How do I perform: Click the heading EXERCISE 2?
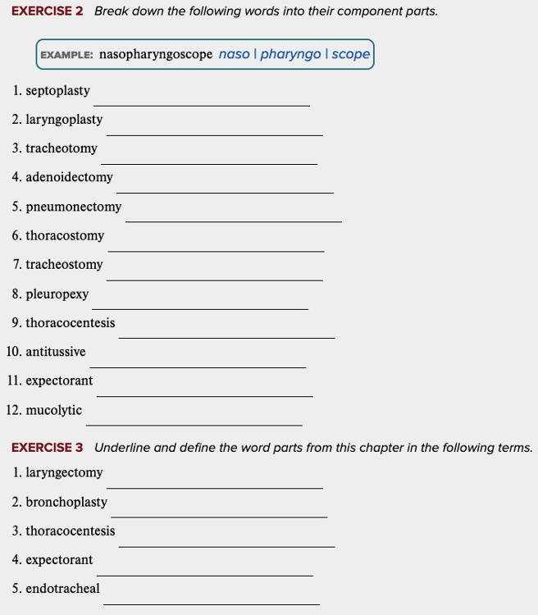[x=48, y=11]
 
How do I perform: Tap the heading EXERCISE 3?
[x=48, y=448]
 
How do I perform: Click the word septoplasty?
[x=57, y=90]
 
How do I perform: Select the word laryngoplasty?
[x=64, y=120]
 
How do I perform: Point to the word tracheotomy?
[x=62, y=148]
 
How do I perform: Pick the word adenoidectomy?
[x=69, y=177]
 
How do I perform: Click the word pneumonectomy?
[x=73, y=207]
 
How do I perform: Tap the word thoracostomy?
[x=65, y=236]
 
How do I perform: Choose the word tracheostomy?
[x=64, y=265]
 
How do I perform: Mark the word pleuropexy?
[x=57, y=294]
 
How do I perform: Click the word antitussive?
[x=56, y=352]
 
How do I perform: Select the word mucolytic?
[x=54, y=410]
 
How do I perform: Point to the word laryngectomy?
[x=64, y=473]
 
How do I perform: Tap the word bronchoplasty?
[x=66, y=502]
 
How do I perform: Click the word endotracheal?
[x=62, y=589]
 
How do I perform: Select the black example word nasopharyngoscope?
[x=156, y=55]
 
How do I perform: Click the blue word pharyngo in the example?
[x=290, y=55]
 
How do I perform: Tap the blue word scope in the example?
[x=351, y=55]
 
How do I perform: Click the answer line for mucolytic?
[x=194, y=424]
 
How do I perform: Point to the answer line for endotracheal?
[x=211, y=604]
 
